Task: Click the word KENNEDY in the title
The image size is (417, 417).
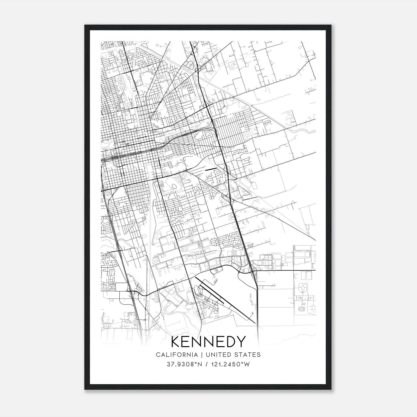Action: [208, 341]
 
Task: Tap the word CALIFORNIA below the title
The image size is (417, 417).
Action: [176, 355]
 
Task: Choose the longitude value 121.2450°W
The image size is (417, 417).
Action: [230, 364]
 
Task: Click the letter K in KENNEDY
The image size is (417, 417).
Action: [176, 341]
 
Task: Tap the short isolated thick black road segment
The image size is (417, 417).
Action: [211, 170]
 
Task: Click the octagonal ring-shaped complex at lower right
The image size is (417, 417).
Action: [303, 288]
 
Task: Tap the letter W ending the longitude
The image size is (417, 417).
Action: [247, 364]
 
